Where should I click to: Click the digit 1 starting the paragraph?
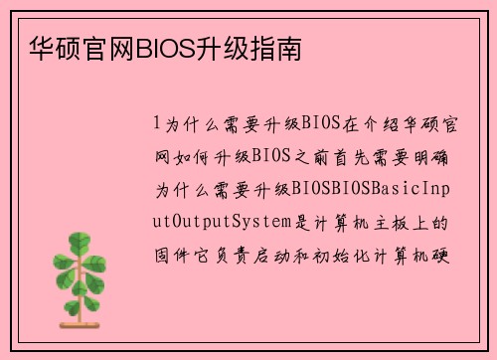tap(156, 124)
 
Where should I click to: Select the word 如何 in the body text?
tap(197, 156)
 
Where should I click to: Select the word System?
tap(257, 220)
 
